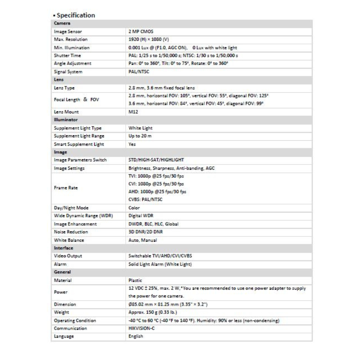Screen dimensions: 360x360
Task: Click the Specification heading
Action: (x=76, y=15)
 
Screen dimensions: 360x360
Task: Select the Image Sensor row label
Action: (x=68, y=32)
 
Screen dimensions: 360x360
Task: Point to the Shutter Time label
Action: (x=67, y=56)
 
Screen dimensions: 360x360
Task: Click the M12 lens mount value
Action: (x=133, y=112)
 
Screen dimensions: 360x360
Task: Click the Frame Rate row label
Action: (x=66, y=188)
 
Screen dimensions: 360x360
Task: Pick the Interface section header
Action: (x=63, y=248)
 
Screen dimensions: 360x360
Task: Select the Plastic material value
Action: (x=135, y=280)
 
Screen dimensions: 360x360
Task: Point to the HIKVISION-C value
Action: (x=142, y=328)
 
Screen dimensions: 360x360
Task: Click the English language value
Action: (x=136, y=336)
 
